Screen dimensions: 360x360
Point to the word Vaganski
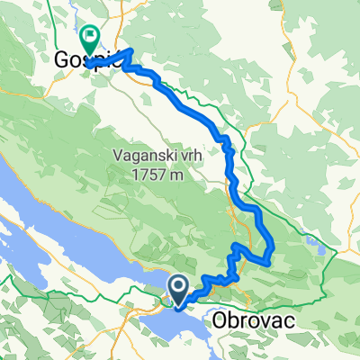[148, 153]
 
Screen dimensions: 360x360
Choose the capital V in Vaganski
[120, 153]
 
